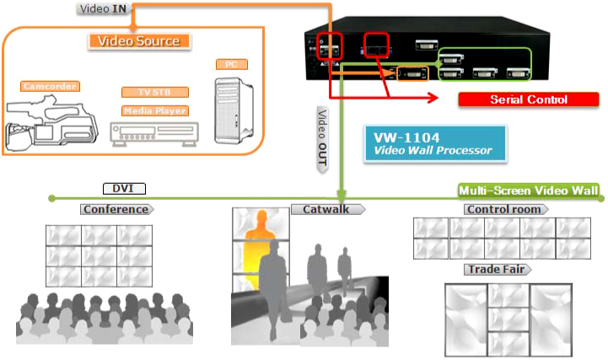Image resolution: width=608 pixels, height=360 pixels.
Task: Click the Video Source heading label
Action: coord(139,40)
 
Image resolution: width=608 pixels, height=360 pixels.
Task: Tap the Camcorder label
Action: coord(50,86)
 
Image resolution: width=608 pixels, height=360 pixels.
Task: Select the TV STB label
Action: coord(154,93)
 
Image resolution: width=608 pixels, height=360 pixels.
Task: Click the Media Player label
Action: coord(154,110)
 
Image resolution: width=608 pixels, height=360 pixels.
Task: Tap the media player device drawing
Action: coord(155,133)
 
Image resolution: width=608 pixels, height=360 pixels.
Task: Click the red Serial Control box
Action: coord(529,99)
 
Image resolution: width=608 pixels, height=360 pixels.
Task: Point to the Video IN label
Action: coord(104,8)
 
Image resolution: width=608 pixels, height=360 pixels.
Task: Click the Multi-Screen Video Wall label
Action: coord(529,191)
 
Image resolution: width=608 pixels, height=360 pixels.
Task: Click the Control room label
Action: coord(505,209)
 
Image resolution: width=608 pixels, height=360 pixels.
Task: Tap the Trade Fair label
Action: coord(498,270)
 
